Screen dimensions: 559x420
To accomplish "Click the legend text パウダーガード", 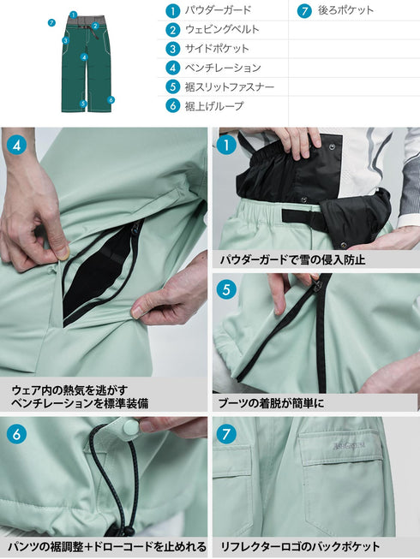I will (x=218, y=11).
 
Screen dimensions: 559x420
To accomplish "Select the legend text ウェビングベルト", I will (x=222, y=30).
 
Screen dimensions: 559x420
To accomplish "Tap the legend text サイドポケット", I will (x=217, y=49).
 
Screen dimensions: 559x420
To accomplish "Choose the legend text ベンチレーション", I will (x=223, y=68).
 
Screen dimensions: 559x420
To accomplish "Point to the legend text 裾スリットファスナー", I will (x=229, y=86).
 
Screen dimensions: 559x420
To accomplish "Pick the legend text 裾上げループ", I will (x=214, y=106).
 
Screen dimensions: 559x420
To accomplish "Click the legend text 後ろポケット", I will (x=346, y=11).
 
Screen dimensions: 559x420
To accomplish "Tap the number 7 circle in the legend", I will (x=303, y=11).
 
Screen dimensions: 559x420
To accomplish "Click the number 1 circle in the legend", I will (x=172, y=11).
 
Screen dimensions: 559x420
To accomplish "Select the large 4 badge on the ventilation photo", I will (x=17, y=145).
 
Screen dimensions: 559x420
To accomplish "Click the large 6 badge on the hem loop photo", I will (x=17, y=434).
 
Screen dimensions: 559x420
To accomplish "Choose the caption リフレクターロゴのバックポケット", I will (x=299, y=546).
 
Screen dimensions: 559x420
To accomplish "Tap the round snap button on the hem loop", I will (x=131, y=425).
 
